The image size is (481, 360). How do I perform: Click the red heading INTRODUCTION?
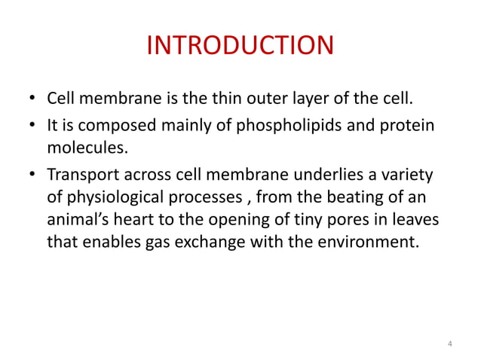(x=239, y=46)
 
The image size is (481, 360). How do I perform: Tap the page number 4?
(x=449, y=344)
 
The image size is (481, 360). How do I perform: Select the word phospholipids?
(x=295, y=124)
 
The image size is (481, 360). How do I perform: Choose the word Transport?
(x=83, y=175)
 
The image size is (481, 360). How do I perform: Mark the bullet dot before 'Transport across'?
(x=32, y=175)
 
